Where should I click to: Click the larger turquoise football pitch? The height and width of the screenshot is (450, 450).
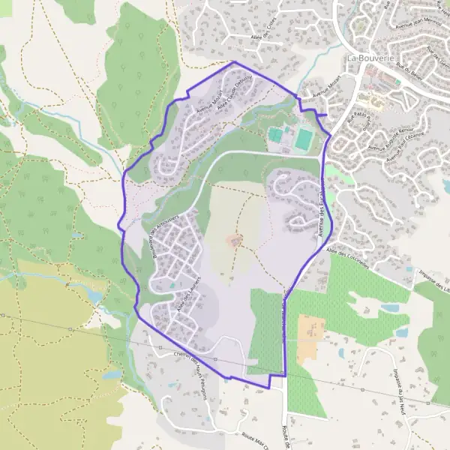pos(303,139)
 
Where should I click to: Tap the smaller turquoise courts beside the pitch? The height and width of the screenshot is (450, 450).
pos(276,135)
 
